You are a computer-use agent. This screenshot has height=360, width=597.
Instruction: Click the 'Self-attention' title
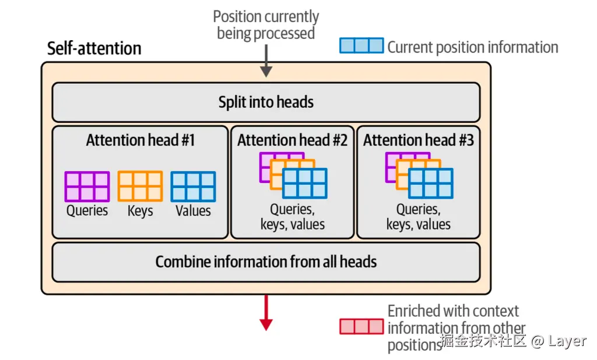point(94,48)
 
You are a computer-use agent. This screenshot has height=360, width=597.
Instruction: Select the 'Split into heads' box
point(266,103)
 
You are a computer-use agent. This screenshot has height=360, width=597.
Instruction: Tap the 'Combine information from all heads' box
point(266,262)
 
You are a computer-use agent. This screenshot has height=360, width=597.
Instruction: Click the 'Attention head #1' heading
point(141,140)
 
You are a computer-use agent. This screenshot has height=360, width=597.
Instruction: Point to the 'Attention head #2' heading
point(292,140)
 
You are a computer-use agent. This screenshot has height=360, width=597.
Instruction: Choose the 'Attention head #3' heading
point(418,140)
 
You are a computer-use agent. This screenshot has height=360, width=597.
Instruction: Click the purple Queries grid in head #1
point(87,186)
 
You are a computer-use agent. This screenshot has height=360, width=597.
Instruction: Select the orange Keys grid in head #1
point(140,186)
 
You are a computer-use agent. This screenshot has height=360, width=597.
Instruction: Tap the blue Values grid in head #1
point(193,186)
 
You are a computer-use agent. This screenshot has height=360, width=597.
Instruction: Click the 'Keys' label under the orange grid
point(140,211)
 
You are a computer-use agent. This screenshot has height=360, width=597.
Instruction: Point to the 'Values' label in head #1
point(193,211)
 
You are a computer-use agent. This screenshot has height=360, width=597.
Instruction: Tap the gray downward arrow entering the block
point(266,62)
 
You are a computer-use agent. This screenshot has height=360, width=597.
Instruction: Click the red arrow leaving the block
point(266,313)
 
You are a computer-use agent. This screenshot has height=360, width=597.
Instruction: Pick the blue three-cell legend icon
point(361,46)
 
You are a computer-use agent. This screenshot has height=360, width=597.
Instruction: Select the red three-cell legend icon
point(361,326)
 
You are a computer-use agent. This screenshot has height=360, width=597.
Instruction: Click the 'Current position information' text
point(473,47)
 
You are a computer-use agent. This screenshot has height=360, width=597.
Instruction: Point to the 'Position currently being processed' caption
point(266,24)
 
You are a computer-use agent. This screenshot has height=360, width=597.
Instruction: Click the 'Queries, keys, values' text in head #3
point(419,217)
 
